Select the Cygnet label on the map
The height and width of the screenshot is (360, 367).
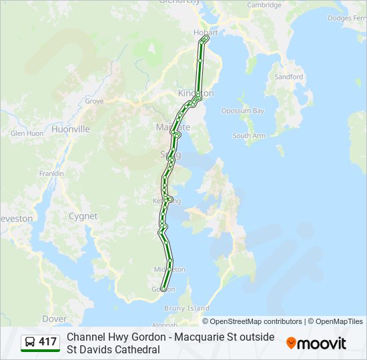(x=83, y=216)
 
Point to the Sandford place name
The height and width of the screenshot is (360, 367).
(x=288, y=77)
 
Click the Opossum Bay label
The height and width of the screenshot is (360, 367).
(x=243, y=111)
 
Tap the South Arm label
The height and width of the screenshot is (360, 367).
(x=249, y=135)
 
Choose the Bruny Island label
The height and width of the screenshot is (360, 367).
(x=187, y=309)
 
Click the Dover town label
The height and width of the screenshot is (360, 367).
(x=54, y=319)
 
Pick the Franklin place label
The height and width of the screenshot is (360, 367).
(x=51, y=173)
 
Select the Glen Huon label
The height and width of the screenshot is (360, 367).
(x=27, y=133)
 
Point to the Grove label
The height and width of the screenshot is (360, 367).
(x=94, y=101)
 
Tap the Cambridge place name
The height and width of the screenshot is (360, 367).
(x=264, y=5)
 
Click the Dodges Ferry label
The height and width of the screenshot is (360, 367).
(x=347, y=18)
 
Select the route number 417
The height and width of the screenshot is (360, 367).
(x=47, y=343)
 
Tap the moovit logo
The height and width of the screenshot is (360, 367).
(x=316, y=343)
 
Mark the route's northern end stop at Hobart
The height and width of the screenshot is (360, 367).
(x=204, y=39)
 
